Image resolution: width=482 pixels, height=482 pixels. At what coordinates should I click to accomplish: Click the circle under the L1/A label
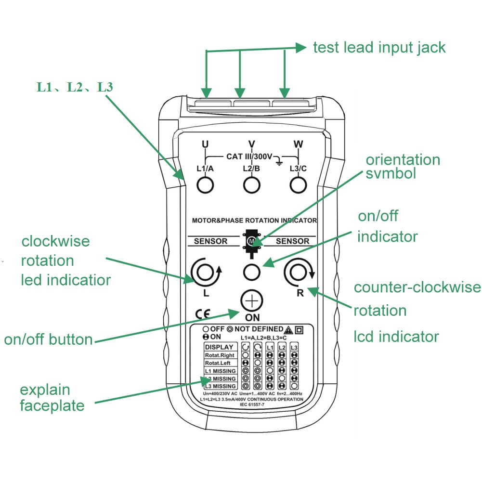(x=206, y=184)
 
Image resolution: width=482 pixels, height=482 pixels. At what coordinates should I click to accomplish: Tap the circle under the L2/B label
(x=251, y=184)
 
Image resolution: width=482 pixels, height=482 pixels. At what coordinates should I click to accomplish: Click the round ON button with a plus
(x=252, y=302)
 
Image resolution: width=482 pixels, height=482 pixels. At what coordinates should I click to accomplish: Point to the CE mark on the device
(x=203, y=314)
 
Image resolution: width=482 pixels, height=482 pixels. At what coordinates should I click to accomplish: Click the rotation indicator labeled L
(x=206, y=273)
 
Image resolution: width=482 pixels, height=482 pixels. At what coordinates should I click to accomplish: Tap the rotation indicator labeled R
(x=298, y=273)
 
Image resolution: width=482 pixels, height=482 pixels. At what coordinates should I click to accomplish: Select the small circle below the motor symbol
(x=252, y=272)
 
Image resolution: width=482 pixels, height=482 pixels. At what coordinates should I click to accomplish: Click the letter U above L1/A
(x=205, y=144)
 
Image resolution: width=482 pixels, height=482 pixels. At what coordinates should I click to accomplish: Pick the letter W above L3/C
(x=298, y=144)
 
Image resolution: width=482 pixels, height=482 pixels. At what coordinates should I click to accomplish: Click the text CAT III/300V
(x=249, y=157)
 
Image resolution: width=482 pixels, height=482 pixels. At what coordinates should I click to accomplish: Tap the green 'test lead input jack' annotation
(x=379, y=48)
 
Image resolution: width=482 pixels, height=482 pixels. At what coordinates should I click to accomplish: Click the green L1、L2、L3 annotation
(x=75, y=87)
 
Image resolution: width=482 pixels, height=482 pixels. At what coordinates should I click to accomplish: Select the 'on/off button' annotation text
(x=48, y=339)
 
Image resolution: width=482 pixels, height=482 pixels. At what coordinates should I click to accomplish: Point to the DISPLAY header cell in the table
(x=219, y=347)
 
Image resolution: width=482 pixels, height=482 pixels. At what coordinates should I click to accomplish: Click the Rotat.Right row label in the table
(x=220, y=355)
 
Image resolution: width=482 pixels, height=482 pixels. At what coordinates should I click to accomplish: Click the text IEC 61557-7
(x=252, y=405)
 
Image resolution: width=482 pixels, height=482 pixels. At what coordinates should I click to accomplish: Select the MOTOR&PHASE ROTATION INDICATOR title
(x=254, y=221)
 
